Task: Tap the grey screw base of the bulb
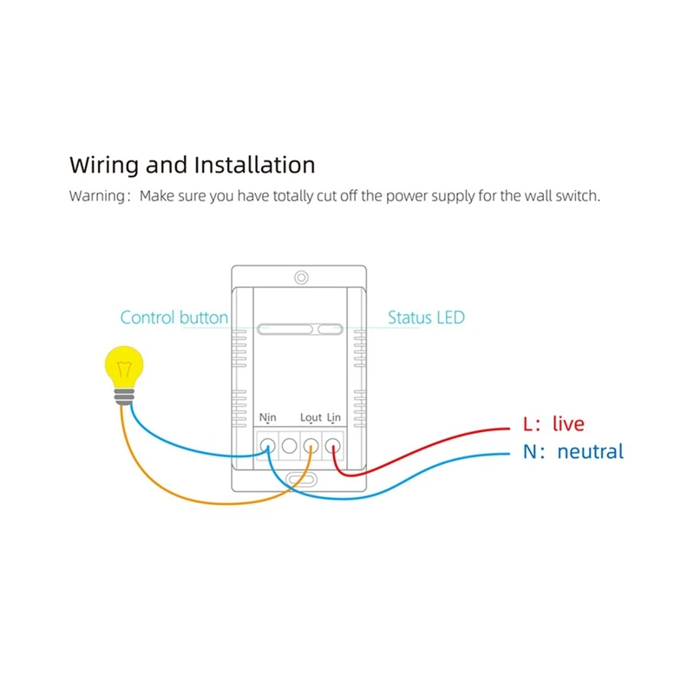point(125,396)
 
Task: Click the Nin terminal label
point(267,418)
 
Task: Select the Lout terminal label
point(311,418)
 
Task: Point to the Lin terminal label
point(334,418)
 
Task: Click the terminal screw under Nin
point(268,447)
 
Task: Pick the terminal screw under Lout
point(311,447)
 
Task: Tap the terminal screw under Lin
point(332,447)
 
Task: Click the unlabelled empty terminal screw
point(290,447)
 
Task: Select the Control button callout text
point(173,318)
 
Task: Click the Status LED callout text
point(426,318)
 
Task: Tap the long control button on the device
point(284,329)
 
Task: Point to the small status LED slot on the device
point(330,329)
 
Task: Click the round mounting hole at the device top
point(300,278)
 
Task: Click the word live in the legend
point(568,424)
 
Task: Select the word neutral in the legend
point(590,451)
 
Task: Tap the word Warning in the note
point(97,196)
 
